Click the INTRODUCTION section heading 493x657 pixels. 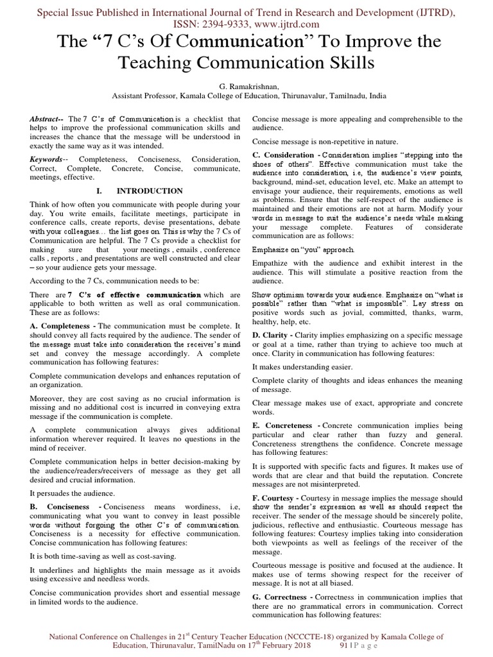(x=149, y=191)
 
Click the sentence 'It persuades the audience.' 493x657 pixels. (x=73, y=493)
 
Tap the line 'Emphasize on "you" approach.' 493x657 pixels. (x=302, y=248)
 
